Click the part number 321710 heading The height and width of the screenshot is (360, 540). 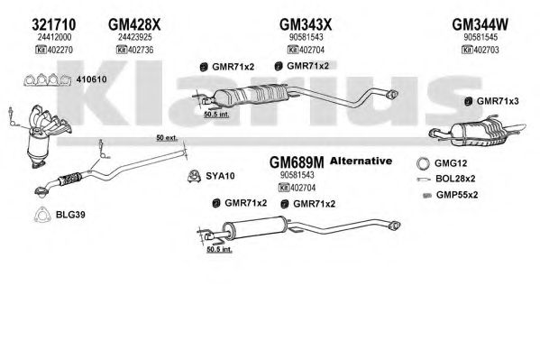click(54, 24)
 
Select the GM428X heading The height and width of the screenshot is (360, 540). click(134, 24)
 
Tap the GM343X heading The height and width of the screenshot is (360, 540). click(306, 24)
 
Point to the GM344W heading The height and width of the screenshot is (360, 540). click(481, 24)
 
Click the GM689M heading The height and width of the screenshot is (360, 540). click(297, 162)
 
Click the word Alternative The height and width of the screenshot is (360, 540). click(361, 161)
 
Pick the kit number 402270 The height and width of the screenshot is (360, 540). click(59, 50)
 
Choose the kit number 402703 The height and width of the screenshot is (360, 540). click(486, 50)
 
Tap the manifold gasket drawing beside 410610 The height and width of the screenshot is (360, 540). click(48, 80)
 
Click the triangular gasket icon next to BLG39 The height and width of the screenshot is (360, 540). click(41, 215)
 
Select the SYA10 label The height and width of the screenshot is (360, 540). click(220, 176)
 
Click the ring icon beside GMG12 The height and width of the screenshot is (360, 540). click(423, 163)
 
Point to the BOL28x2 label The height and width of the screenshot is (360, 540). click(455, 179)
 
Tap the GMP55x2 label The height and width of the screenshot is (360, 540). click(457, 195)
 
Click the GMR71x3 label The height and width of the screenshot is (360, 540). click(498, 101)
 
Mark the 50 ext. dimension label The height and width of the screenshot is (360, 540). click(167, 138)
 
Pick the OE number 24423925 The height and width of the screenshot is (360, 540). click(134, 37)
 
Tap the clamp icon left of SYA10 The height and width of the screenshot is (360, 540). click(194, 176)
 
